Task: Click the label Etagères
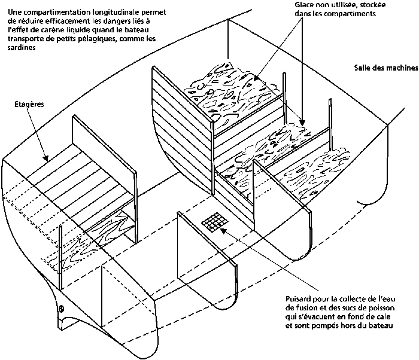[29, 105]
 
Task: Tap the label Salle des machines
[386, 68]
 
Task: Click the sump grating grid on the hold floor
[215, 222]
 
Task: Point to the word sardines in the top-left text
[22, 48]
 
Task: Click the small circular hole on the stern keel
[62, 309]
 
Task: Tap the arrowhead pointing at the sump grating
[223, 231]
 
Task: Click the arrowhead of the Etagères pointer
[46, 158]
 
